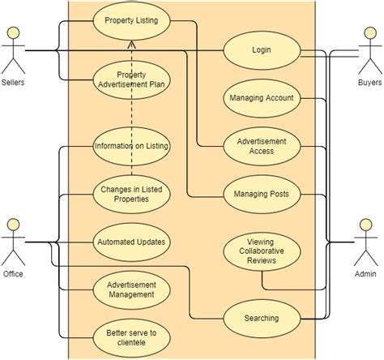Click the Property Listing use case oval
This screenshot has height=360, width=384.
[x=130, y=20]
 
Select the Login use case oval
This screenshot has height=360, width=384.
[x=261, y=50]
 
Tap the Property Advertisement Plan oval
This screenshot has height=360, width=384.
[x=130, y=82]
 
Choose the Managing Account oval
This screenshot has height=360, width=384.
[x=261, y=97]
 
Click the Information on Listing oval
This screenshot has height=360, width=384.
[x=130, y=146]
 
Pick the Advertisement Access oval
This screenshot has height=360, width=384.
[x=261, y=145]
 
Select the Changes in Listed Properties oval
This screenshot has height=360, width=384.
[x=130, y=195]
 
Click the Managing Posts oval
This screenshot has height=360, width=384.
[x=261, y=195]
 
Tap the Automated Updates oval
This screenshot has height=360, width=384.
[x=130, y=242]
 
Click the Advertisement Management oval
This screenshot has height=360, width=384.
[x=130, y=289]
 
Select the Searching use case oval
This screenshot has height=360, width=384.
[x=261, y=318]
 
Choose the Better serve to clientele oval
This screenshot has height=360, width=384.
[x=130, y=336]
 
